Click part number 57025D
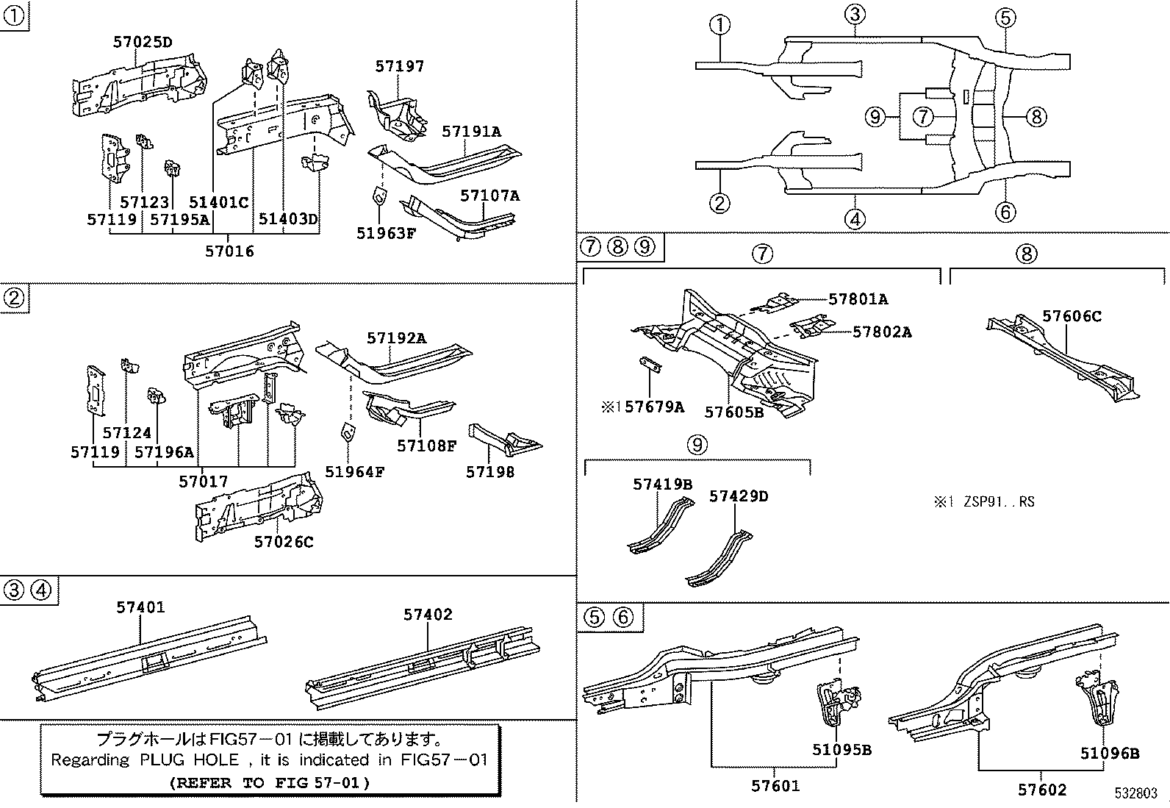[x=143, y=42]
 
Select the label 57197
[x=399, y=65]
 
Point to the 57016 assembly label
[x=229, y=251]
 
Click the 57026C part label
[x=284, y=542]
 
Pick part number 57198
[x=490, y=472]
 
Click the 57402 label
[x=428, y=615]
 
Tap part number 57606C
[x=1072, y=316]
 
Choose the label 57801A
[x=858, y=299]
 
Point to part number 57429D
[x=738, y=496]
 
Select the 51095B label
[x=841, y=750]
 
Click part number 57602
[x=1041, y=790]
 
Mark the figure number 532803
[x=1136, y=793]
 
